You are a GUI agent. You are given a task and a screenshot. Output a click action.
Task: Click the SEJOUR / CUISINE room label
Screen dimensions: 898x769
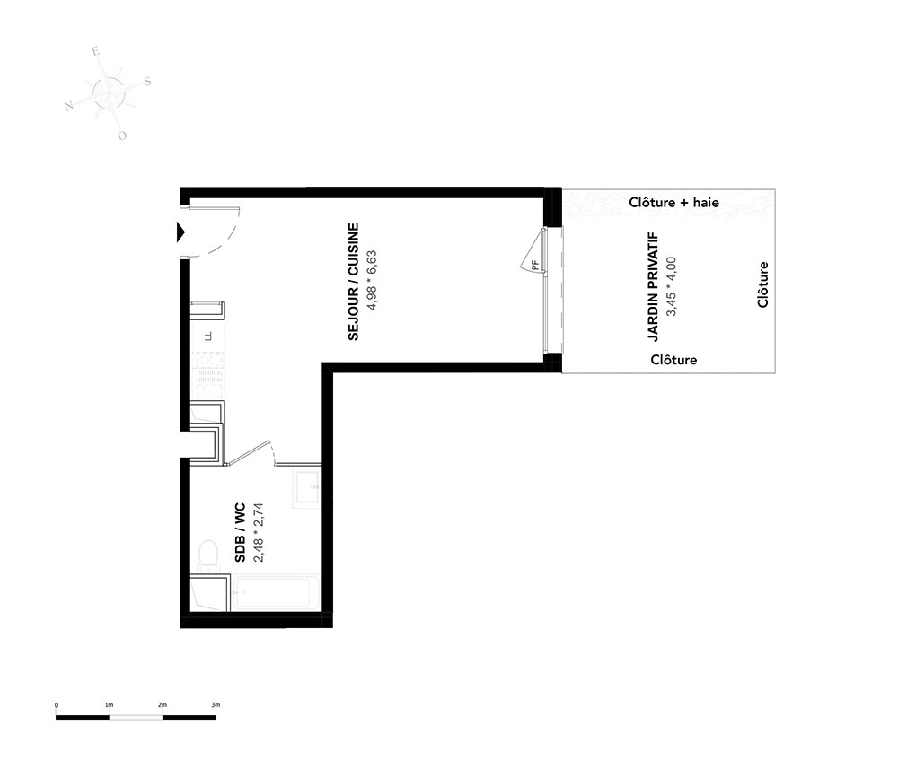(353, 282)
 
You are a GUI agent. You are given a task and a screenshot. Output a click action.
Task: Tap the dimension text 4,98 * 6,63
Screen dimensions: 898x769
(373, 280)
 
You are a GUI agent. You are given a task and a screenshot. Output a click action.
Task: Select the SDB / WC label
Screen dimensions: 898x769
(240, 532)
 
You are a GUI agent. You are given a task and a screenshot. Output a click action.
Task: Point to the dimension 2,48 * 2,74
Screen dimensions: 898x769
(259, 532)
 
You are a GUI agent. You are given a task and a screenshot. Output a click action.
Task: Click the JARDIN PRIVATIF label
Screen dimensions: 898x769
(653, 286)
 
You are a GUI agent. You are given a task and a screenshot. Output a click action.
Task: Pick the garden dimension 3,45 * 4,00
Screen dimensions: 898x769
(672, 286)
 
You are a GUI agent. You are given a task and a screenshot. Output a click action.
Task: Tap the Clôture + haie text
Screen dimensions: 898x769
(673, 202)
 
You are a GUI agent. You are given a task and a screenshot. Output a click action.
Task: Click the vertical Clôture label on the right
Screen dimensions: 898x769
(762, 284)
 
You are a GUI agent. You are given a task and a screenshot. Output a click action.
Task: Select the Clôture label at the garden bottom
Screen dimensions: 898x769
(673, 359)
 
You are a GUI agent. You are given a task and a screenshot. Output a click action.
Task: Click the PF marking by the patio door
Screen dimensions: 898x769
(535, 265)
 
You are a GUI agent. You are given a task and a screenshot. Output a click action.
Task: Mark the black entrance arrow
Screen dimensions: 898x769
(181, 232)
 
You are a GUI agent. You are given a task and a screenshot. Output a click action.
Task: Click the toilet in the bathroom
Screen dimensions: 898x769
(208, 556)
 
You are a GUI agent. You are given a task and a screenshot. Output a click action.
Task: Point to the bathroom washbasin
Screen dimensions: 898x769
(306, 487)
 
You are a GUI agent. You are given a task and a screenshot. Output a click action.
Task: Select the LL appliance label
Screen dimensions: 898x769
(209, 336)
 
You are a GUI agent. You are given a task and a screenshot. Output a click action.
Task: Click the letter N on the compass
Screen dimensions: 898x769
(69, 106)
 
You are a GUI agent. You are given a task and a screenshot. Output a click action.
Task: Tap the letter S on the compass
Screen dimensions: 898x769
(147, 82)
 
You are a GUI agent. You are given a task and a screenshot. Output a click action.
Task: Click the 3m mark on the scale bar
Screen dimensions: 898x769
(216, 705)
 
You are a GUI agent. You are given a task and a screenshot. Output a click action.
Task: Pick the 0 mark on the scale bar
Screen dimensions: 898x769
(56, 705)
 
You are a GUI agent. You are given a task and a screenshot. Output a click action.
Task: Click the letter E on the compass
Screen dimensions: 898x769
(96, 51)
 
